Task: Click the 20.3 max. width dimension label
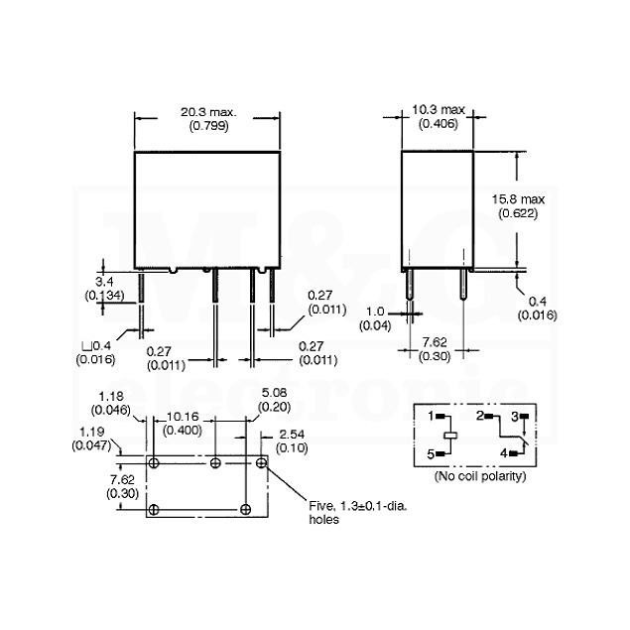pos(208,119)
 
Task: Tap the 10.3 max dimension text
pos(439,116)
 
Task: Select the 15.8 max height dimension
pos(518,206)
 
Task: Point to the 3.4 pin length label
pos(104,289)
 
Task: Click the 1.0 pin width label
pos(375,318)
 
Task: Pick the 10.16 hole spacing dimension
pos(183,424)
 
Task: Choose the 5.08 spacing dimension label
pos(274,400)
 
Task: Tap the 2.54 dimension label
pos(292,441)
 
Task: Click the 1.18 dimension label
pos(111,403)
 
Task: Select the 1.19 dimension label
pos(92,439)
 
